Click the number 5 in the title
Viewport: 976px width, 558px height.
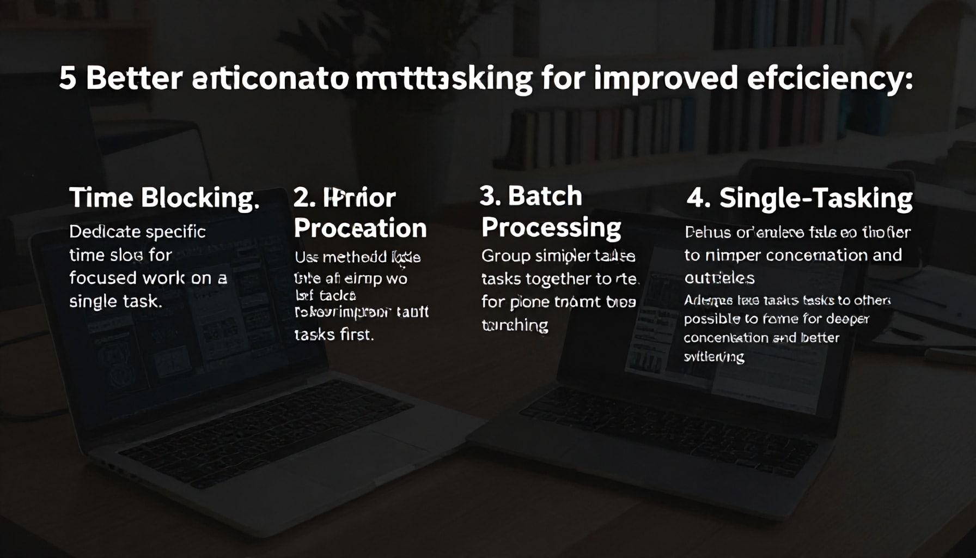point(67,78)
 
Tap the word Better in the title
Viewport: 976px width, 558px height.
point(133,78)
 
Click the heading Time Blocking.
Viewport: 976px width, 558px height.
point(164,198)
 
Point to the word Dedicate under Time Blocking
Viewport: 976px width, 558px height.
point(104,232)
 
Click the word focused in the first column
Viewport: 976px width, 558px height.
point(102,278)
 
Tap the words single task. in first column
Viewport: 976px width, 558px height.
point(115,301)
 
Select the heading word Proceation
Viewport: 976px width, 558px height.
point(360,228)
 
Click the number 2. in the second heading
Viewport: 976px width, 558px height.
point(304,198)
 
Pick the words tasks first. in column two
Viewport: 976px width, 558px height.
point(334,334)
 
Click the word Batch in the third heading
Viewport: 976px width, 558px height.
point(545,196)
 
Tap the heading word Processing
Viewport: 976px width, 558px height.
point(551,227)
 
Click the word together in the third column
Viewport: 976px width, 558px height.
point(552,279)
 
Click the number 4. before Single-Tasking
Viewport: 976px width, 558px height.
point(698,198)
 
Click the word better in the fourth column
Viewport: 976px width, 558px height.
point(820,338)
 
